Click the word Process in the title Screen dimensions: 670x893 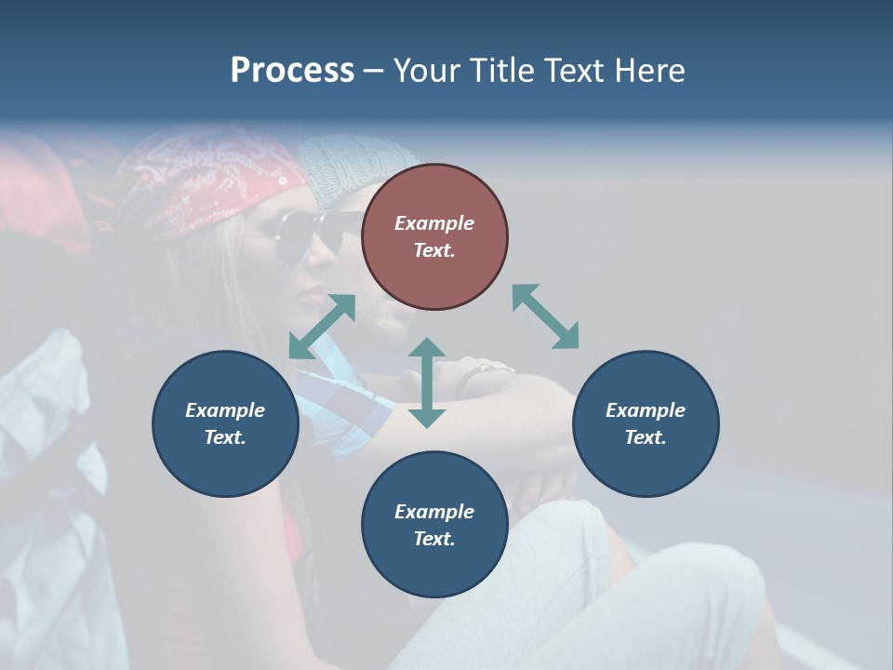292,71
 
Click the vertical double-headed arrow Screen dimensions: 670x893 427,382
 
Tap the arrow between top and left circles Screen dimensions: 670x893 322,327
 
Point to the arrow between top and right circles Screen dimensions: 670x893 545,316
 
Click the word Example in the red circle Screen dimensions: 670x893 434,223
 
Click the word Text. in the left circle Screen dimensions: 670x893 225,437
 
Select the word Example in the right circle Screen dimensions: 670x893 646,410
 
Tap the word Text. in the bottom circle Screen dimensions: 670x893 434,539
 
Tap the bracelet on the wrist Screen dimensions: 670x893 491,369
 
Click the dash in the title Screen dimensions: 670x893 374,71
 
